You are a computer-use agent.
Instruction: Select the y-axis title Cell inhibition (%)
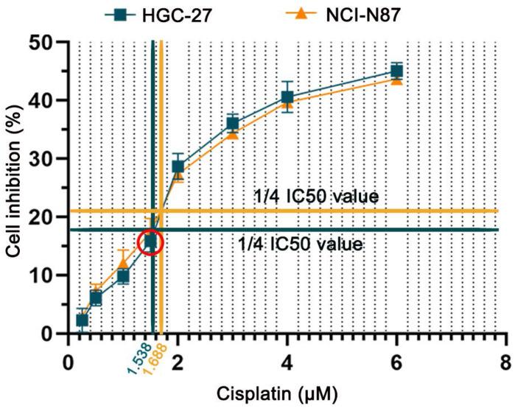click(15, 188)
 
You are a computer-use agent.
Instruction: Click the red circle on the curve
click(151, 241)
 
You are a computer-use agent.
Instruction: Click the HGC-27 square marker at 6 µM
click(396, 71)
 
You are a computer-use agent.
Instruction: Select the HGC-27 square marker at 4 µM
click(287, 97)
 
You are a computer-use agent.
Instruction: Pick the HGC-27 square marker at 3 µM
click(233, 123)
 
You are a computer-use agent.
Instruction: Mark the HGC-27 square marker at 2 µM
click(178, 166)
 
